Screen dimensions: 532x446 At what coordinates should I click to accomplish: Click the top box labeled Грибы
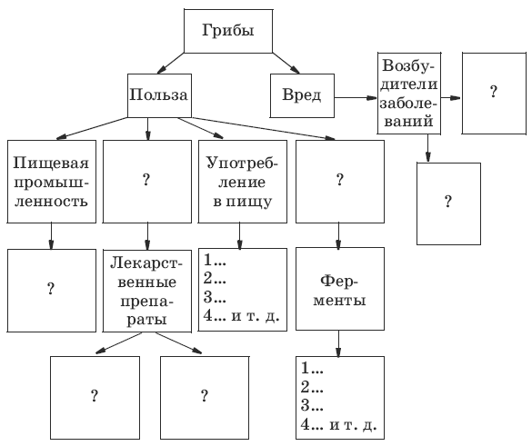click(228, 31)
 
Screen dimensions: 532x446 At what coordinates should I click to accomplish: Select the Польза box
click(159, 95)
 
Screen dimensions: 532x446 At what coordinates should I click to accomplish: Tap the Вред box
click(302, 95)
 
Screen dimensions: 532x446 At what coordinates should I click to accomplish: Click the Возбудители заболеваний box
click(409, 94)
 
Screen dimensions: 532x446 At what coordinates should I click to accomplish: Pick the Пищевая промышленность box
click(52, 182)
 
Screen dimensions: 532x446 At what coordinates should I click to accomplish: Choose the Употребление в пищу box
click(242, 182)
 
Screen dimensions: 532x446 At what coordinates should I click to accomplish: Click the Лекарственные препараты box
click(147, 291)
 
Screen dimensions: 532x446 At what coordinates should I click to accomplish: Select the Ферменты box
click(340, 289)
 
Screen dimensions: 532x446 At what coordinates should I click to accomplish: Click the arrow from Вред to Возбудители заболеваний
click(356, 98)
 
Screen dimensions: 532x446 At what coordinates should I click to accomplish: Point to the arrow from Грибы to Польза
click(171, 63)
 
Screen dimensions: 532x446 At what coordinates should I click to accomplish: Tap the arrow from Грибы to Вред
click(286, 63)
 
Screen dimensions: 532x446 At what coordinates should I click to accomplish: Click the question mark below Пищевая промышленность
click(51, 289)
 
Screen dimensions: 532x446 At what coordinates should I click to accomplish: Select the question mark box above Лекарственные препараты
click(147, 182)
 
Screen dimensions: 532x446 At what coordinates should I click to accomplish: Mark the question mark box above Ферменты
click(340, 182)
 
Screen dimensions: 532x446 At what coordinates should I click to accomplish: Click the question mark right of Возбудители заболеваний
click(494, 92)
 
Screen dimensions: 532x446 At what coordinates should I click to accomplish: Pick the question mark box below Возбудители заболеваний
click(448, 203)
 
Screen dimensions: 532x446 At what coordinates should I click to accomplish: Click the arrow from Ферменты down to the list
click(338, 343)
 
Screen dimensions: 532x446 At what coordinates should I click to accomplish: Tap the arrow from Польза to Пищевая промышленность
click(92, 128)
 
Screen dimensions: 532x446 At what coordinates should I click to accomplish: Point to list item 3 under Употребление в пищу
click(215, 297)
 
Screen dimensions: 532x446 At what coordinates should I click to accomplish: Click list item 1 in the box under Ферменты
click(312, 368)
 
